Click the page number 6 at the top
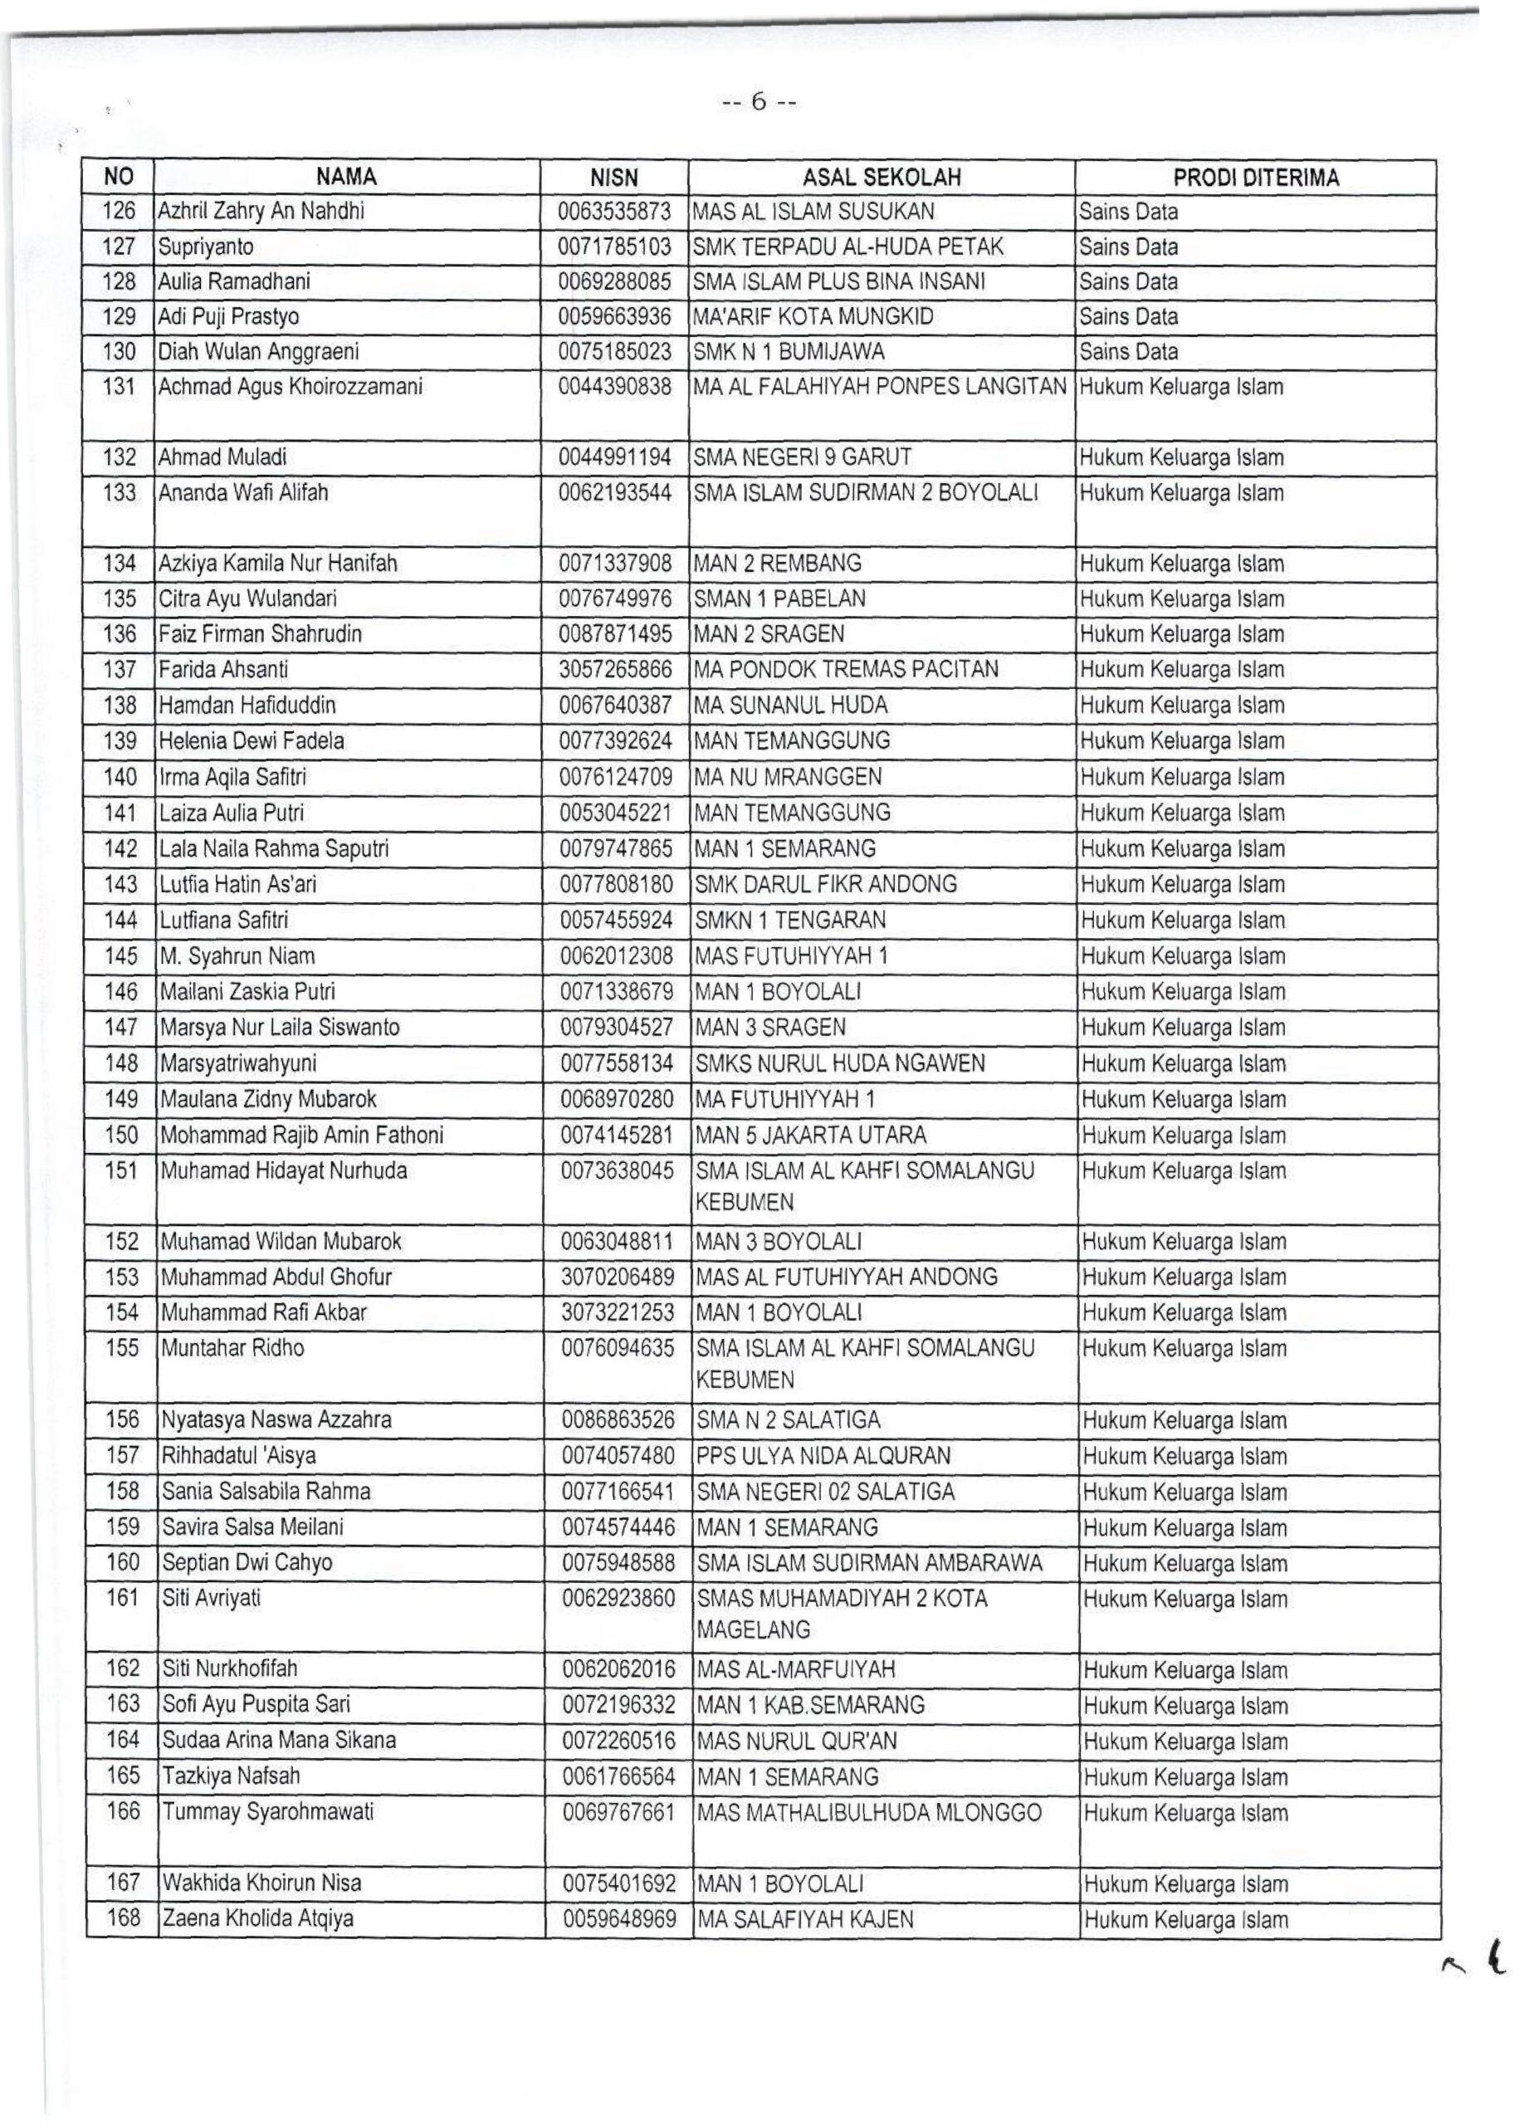point(759,102)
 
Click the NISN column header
point(613,178)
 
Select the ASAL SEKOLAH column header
point(882,178)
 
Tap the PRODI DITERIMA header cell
point(1255,178)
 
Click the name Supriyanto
point(205,247)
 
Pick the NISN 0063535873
point(614,212)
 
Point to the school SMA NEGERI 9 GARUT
point(803,458)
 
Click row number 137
point(120,670)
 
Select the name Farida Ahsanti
point(223,670)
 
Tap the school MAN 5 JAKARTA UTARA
point(810,1136)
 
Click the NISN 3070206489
point(618,1277)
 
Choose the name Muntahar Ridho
point(232,1348)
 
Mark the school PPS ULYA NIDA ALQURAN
point(823,1456)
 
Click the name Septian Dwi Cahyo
point(247,1563)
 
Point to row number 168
point(123,1918)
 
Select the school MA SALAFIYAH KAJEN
point(804,1919)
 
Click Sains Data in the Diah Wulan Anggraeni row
point(1128,352)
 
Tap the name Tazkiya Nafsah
point(231,1776)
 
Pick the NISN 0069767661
point(618,1813)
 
